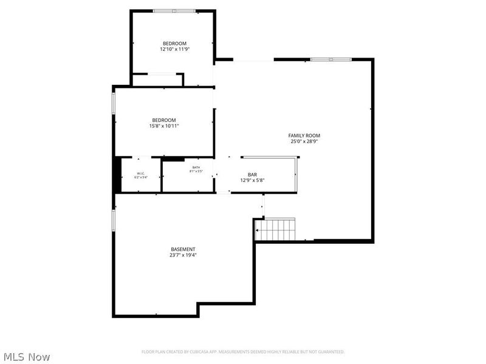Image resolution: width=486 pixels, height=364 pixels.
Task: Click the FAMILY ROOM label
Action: [304, 135]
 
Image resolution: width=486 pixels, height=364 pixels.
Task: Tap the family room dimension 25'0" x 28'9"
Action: [304, 141]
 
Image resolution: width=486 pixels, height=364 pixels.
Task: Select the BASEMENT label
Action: [183, 249]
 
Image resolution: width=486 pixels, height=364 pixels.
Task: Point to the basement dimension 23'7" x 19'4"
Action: [183, 255]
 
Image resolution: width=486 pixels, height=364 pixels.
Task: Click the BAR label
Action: [252, 174]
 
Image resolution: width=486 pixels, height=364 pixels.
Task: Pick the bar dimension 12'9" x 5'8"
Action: [252, 180]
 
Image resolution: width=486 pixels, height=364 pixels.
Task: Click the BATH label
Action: [196, 167]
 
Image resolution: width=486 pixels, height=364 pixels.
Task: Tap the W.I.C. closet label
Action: [140, 174]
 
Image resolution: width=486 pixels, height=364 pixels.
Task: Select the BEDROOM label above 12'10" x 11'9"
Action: [174, 43]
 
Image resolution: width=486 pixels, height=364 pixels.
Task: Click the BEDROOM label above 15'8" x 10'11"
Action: [164, 120]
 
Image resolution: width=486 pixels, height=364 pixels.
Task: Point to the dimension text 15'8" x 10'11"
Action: [164, 126]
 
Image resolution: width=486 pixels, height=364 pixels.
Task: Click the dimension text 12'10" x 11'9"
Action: [174, 49]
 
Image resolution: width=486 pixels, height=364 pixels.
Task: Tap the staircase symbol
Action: [275, 230]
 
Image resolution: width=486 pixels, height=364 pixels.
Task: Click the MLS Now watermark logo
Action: [26, 357]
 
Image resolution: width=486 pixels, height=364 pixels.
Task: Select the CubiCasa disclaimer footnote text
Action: [243, 352]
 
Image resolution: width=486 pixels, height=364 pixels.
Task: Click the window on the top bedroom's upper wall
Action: [174, 11]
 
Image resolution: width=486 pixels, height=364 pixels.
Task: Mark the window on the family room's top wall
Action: [330, 59]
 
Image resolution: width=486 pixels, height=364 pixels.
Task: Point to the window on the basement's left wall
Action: [113, 220]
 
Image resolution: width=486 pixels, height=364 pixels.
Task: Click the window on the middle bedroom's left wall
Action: [113, 103]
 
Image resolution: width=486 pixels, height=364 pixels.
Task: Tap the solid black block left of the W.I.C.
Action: [117, 175]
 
